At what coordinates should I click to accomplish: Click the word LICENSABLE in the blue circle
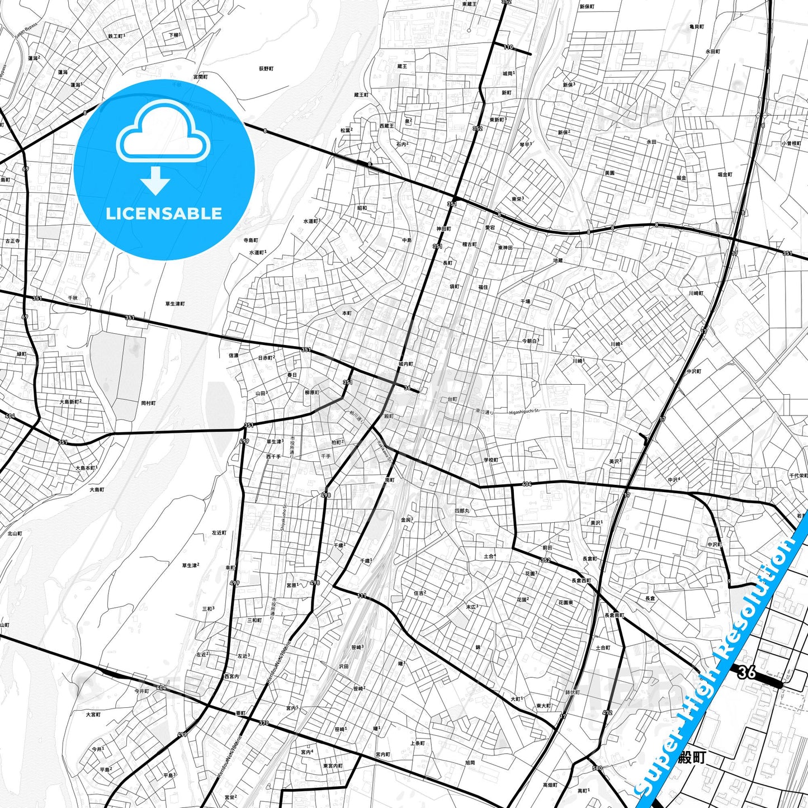click(164, 214)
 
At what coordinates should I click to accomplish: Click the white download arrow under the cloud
click(155, 181)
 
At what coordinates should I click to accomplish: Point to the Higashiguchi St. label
click(524, 412)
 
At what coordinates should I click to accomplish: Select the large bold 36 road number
click(746, 672)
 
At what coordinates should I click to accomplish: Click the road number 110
click(508, 47)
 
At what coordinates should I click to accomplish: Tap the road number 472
click(608, 712)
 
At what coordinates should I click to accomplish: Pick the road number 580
click(597, 768)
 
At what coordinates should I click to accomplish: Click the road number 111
click(362, 596)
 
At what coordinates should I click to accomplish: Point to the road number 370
click(263, 723)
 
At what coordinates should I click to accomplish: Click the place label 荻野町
click(266, 69)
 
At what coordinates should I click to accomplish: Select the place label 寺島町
click(251, 240)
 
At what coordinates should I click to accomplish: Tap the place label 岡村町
click(148, 403)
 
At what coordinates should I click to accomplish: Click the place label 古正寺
click(12, 241)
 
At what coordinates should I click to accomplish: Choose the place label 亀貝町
click(697, 27)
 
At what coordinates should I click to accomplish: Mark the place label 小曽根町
click(791, 143)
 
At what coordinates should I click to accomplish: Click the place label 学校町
click(491, 460)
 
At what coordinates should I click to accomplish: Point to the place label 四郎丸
click(462, 511)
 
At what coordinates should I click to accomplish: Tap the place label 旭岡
click(470, 762)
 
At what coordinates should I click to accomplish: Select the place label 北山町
click(15, 533)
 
